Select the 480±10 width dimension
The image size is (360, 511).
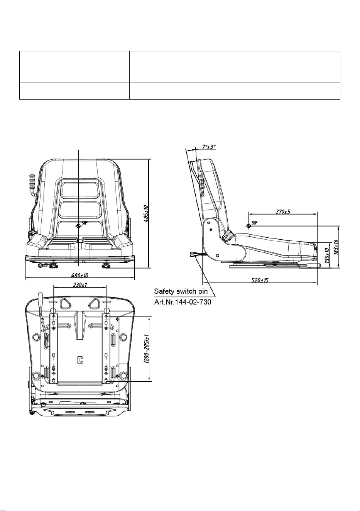pos(79,276)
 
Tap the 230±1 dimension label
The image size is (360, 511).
pos(80,285)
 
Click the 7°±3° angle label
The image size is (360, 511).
pos(209,147)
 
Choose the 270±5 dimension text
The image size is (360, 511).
pos(283,212)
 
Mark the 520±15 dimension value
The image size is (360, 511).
pos(260,280)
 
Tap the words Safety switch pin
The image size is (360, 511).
pos(181,291)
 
